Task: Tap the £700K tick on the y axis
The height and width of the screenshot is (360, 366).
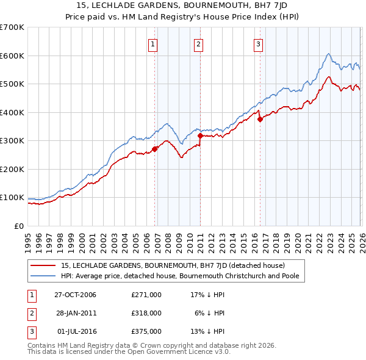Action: [x=12, y=27]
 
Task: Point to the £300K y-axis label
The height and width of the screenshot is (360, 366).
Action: [x=12, y=141]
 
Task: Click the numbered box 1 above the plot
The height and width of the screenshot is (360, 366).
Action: [x=152, y=43]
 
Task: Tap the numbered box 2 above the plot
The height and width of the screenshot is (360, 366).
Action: [x=199, y=43]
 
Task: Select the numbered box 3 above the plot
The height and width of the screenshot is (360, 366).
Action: [x=258, y=43]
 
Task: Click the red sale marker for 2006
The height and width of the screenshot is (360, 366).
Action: [x=155, y=148]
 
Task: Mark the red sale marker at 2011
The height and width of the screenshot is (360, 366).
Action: [x=201, y=135]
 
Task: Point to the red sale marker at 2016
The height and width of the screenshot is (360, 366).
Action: [x=260, y=120]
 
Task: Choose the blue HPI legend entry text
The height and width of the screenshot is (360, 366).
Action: [x=183, y=276]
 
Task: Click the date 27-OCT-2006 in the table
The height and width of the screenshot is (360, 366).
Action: [x=76, y=295]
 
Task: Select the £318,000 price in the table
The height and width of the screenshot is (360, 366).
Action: [x=146, y=313]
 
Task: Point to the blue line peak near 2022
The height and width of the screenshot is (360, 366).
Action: [x=328, y=54]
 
